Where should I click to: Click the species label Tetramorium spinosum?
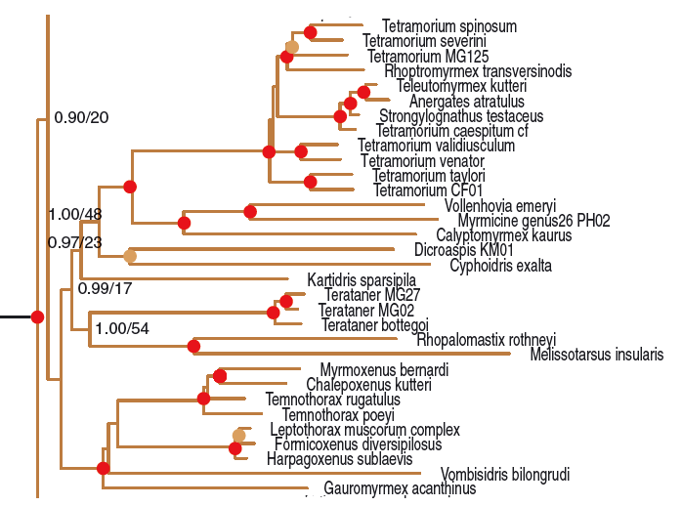pos(435,26)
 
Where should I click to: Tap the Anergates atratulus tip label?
pos(452,101)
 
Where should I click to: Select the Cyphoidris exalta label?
pos(500,266)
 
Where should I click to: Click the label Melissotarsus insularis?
pos(596,355)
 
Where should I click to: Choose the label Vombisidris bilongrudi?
pos(505,475)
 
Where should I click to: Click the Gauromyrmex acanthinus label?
pos(386,488)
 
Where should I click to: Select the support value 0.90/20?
pos(81,117)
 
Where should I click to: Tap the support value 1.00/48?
pos(75,214)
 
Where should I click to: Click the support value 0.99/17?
pos(106,289)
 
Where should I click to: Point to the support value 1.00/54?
pos(123,329)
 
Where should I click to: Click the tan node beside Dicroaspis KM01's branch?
pos(129,256)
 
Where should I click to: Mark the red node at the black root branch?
pos(37,316)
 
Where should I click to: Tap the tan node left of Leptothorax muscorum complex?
pos(238,435)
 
